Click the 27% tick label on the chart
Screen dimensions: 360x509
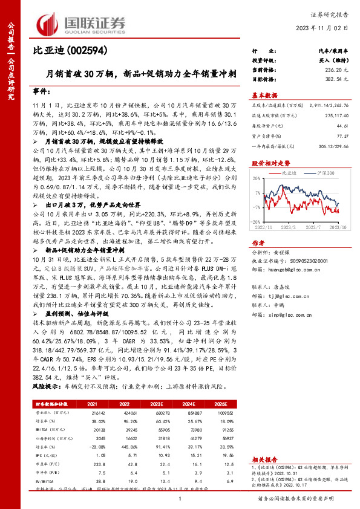pyautogui.click(x=257, y=180)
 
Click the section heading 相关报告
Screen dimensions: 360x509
pyautogui.click(x=264, y=459)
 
